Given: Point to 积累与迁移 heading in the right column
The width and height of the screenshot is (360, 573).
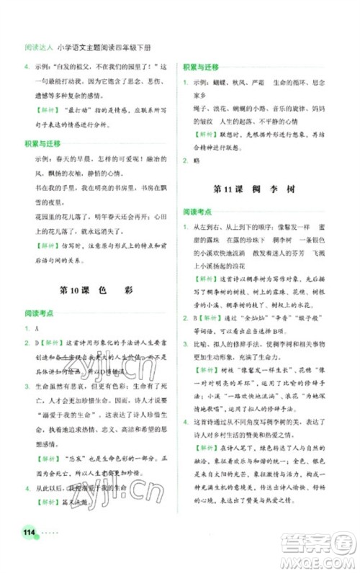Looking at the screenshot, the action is pyautogui.click(x=204, y=66).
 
